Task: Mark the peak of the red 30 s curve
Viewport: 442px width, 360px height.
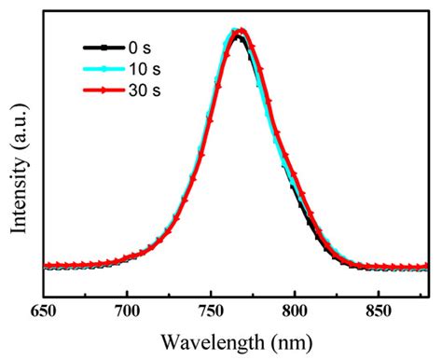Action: [241, 32]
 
